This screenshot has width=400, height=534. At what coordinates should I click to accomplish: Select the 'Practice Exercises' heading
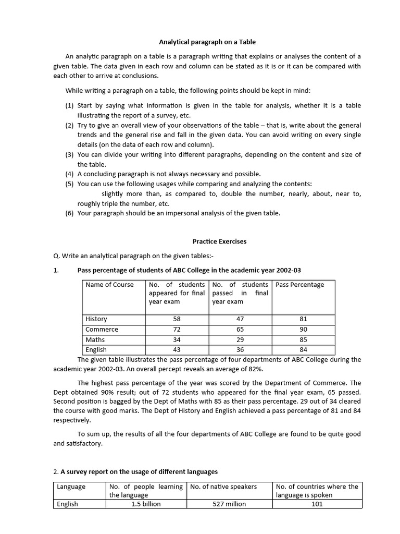pyautogui.click(x=219, y=241)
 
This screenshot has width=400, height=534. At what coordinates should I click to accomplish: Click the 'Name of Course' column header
pyautogui.click(x=109, y=285)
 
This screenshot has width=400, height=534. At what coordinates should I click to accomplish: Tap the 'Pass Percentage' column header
pyautogui.click(x=299, y=285)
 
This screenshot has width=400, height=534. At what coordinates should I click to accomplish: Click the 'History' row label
pyautogui.click(x=96, y=319)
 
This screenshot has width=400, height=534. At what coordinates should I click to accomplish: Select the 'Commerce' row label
pyautogui.click(x=102, y=329)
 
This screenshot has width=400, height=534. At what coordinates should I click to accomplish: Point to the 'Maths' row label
pyautogui.click(x=95, y=339)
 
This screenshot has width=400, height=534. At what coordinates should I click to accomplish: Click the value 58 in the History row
pyautogui.click(x=177, y=319)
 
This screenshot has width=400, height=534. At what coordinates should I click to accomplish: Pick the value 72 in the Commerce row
pyautogui.click(x=177, y=329)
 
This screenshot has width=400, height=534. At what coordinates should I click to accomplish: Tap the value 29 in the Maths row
pyautogui.click(x=240, y=339)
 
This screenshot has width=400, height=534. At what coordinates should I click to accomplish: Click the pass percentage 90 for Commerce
pyautogui.click(x=304, y=329)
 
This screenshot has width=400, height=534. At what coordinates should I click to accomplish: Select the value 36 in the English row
pyautogui.click(x=240, y=350)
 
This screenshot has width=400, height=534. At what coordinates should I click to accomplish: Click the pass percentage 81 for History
pyautogui.click(x=304, y=319)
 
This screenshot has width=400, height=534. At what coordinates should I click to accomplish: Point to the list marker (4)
pyautogui.click(x=70, y=174)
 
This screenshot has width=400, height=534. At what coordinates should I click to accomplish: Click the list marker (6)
pyautogui.click(x=70, y=213)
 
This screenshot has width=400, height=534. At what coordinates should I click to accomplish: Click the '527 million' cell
pyautogui.click(x=230, y=504)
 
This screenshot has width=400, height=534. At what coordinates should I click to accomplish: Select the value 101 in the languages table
pyautogui.click(x=317, y=504)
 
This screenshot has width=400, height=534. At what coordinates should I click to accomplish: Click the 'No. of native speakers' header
pyautogui.click(x=223, y=487)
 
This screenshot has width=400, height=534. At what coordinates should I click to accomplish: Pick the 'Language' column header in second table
pyautogui.click(x=71, y=487)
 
